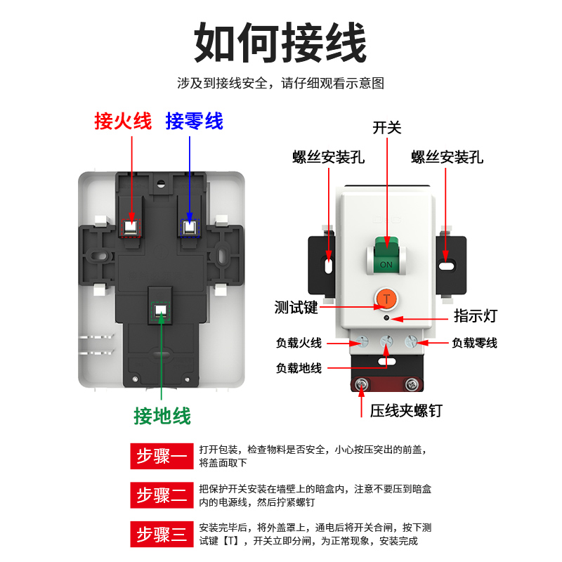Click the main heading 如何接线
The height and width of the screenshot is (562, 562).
[x=280, y=44]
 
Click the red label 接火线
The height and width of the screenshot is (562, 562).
[x=123, y=121]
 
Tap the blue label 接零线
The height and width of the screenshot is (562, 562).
[x=195, y=121]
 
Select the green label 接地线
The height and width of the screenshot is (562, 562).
[x=162, y=416]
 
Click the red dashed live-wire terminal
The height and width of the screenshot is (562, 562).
[x=131, y=228]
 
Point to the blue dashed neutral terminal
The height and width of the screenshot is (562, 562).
[x=190, y=228]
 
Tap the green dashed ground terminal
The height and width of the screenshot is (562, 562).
[x=162, y=311]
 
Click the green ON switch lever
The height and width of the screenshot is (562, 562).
[x=386, y=256]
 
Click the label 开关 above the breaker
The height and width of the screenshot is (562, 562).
[x=386, y=127]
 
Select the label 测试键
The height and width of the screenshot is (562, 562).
[x=296, y=307]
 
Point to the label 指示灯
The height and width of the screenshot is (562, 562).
[x=475, y=316]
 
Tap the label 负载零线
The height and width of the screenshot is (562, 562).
[x=474, y=343]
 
